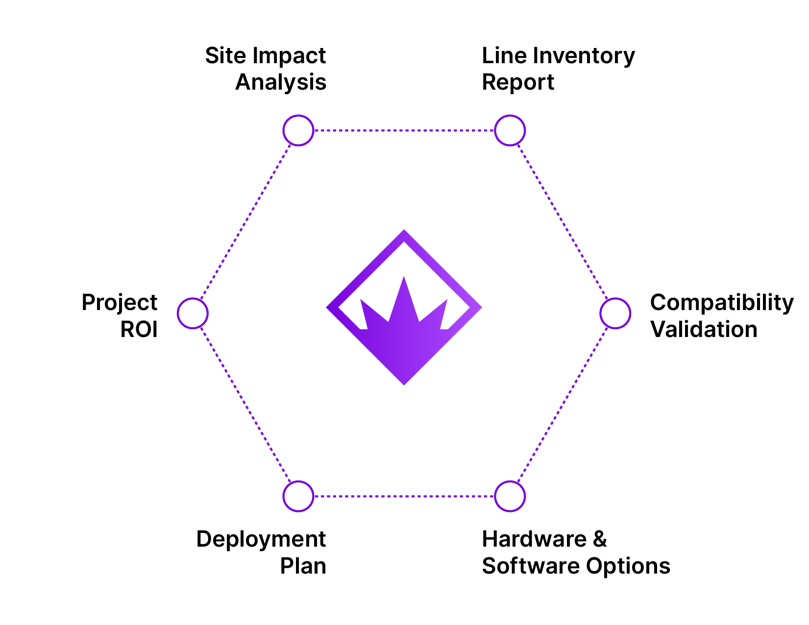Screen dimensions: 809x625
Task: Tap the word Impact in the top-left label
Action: [289, 56]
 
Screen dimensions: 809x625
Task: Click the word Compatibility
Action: [722, 303]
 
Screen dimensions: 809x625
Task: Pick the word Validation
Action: [704, 329]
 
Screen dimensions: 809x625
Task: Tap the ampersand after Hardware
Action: [600, 539]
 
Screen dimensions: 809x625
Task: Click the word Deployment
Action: [261, 540]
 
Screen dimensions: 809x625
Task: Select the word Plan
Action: [303, 566]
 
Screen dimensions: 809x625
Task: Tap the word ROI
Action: [139, 329]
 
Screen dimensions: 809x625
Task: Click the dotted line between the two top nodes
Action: [404, 131]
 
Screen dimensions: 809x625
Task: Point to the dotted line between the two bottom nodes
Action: [404, 496]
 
